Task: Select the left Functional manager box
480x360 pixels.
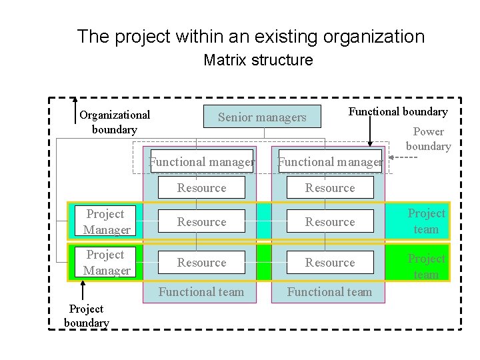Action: pos(201,161)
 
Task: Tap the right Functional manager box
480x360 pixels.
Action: pos(330,161)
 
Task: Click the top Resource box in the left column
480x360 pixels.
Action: pos(201,188)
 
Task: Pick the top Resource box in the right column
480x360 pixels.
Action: pos(330,188)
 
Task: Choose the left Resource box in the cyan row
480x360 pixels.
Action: pos(201,222)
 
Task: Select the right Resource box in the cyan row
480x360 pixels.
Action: pos(330,222)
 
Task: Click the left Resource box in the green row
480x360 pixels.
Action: pos(201,263)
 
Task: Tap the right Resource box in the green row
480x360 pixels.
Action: pos(330,263)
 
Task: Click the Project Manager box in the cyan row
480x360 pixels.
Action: pos(106,222)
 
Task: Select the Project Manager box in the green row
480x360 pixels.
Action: pos(106,263)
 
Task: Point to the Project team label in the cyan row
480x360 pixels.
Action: pos(426,221)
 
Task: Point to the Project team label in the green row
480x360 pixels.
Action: pos(426,266)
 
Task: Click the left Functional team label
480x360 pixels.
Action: pos(201,291)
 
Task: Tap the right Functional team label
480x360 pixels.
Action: pos(330,291)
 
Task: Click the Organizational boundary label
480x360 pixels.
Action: pos(115,122)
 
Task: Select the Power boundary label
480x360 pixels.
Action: pos(428,139)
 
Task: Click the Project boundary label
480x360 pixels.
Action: pos(86,315)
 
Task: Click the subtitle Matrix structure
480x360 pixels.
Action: pos(258,61)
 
